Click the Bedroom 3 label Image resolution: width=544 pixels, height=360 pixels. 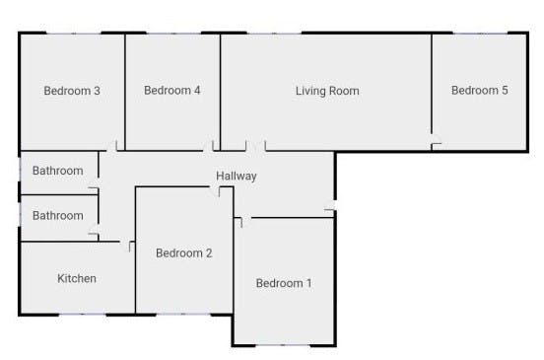point(72,91)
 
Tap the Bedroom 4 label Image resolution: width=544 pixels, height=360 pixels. point(172,91)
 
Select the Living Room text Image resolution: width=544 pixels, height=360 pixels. point(327,91)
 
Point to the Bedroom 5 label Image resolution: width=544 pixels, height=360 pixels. point(480,91)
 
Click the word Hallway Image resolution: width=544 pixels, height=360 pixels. point(237,176)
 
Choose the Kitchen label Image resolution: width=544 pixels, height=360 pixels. point(77,278)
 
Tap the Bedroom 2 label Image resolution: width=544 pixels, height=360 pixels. point(184,253)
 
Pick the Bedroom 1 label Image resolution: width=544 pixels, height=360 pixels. point(284,283)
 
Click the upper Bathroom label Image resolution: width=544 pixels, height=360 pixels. point(57,171)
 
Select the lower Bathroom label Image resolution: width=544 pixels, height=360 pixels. point(57,216)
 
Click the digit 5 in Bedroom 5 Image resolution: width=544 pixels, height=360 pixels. point(505,91)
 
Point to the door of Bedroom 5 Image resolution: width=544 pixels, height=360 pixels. point(437,143)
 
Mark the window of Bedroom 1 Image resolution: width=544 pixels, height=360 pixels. point(283,345)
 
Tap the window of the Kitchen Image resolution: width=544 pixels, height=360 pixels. point(82,315)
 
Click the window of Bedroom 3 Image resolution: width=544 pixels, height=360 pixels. point(74,34)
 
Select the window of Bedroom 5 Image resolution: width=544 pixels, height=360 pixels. point(481,34)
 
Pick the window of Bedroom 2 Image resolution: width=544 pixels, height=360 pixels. point(183,315)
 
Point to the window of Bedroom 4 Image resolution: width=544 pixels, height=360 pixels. point(173,34)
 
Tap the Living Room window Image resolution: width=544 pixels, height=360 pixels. point(274,34)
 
